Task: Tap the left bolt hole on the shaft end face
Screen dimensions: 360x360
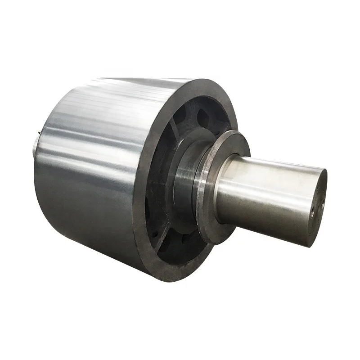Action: coord(312,210)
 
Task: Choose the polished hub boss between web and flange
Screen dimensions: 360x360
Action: coord(184,180)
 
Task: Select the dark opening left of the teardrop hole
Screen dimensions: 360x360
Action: coord(180,116)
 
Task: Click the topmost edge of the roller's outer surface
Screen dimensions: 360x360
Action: coord(135,78)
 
